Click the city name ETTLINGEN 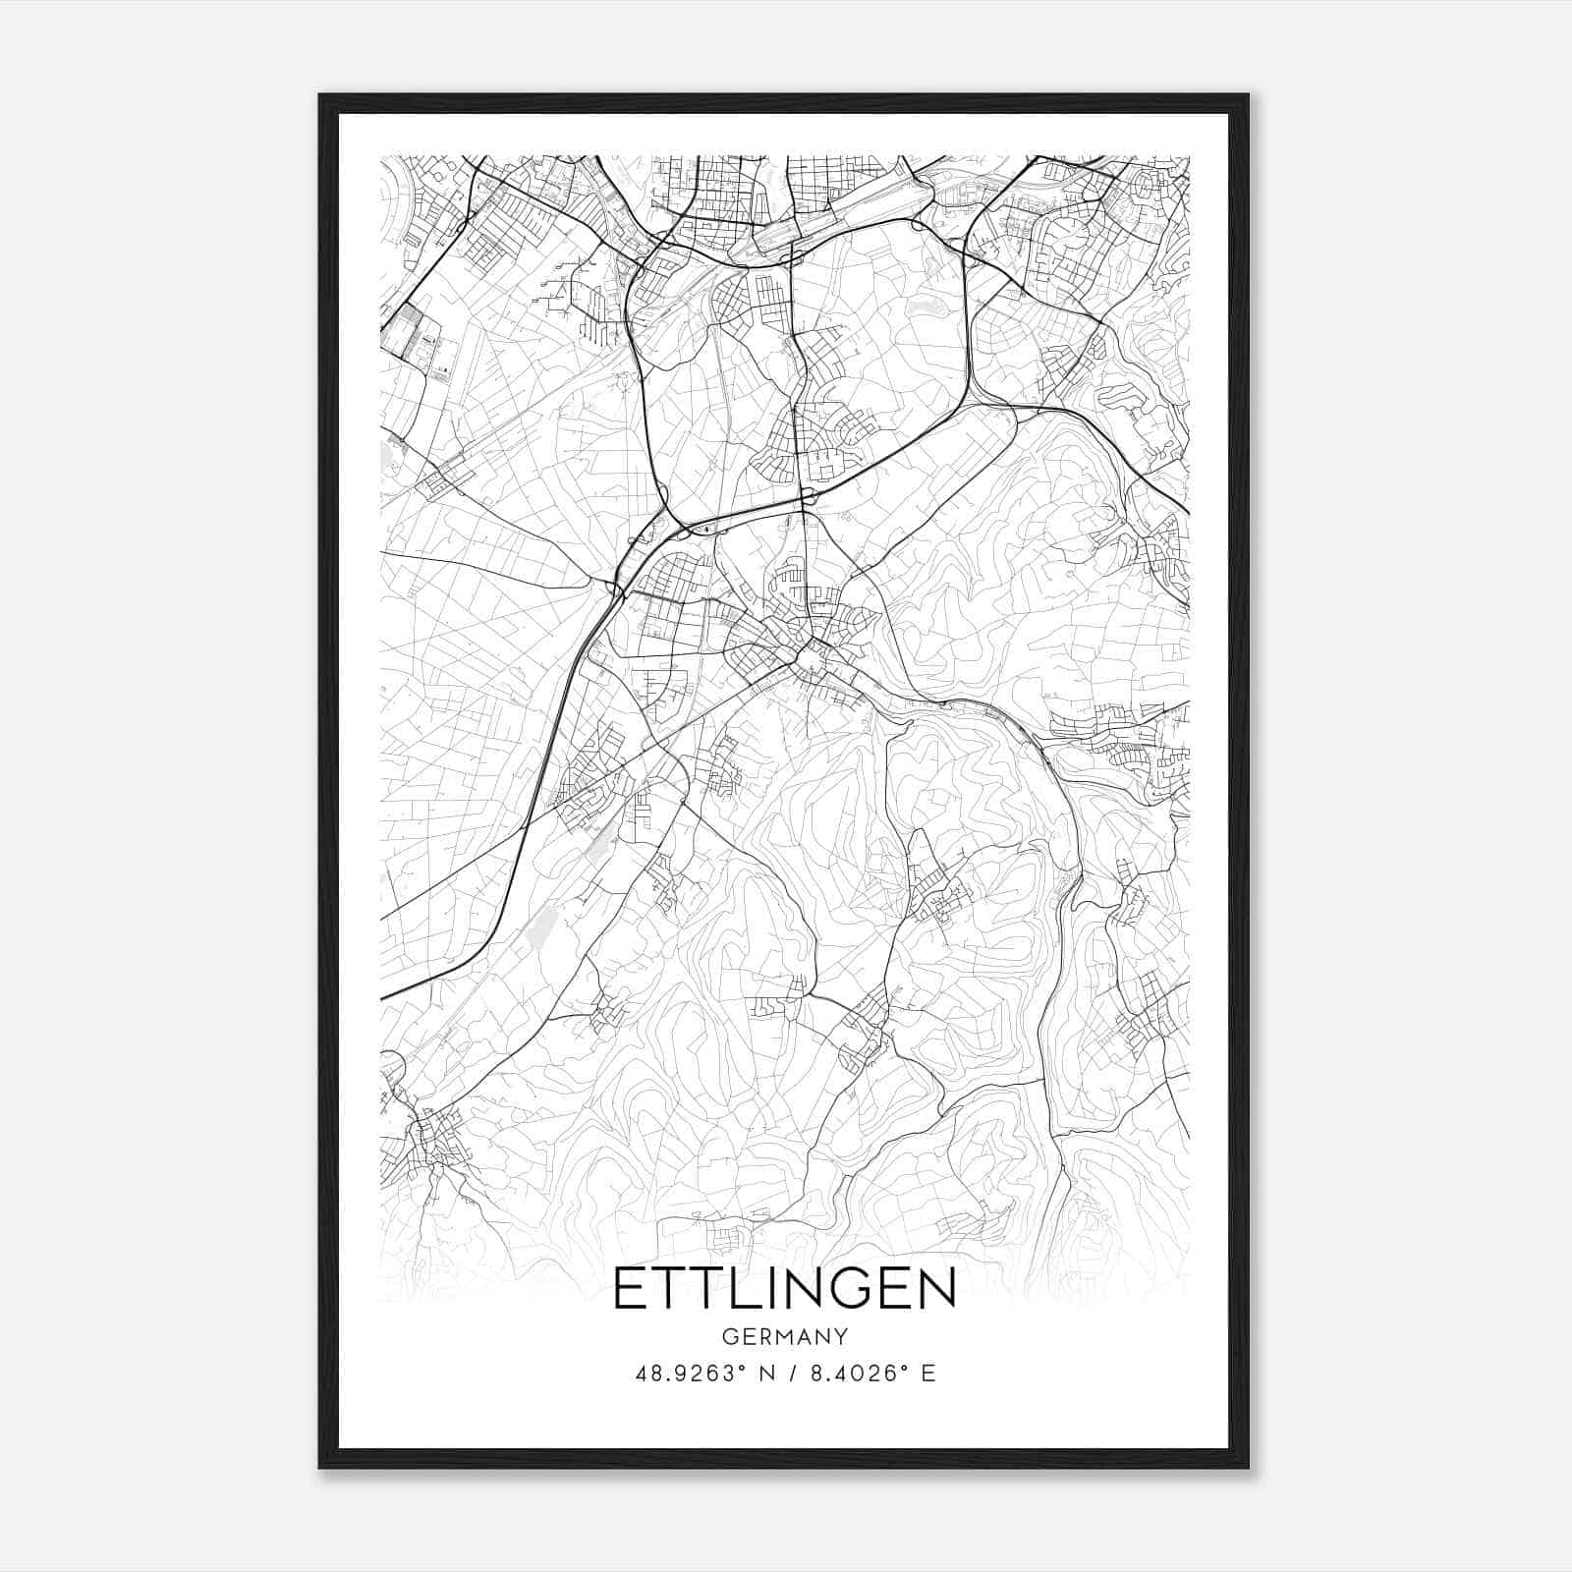[x=785, y=1289]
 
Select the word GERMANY [x=785, y=1336]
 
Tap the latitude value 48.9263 [x=684, y=1374]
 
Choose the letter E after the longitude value [x=928, y=1374]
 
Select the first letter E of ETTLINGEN [x=631, y=1289]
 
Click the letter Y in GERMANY [x=841, y=1336]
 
